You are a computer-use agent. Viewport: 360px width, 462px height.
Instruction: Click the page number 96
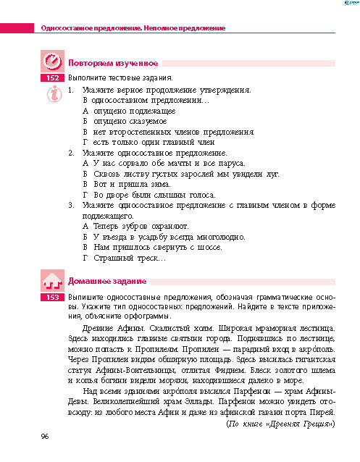44,436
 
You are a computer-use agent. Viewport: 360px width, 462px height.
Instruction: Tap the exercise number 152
51,77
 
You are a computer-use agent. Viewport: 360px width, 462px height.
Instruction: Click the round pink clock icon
51,60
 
